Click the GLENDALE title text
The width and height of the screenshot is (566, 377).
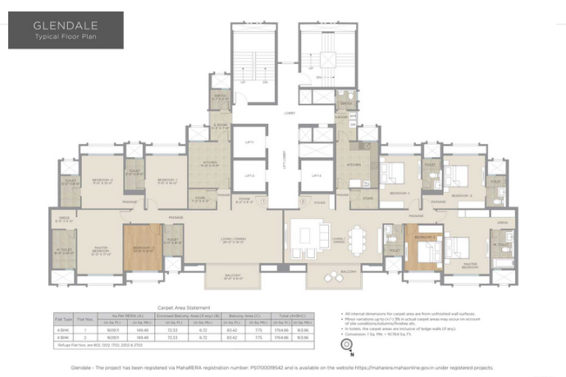pos(55,24)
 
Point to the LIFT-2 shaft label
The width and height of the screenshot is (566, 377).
pos(249,175)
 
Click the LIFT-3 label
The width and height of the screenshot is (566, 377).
pos(316,175)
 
